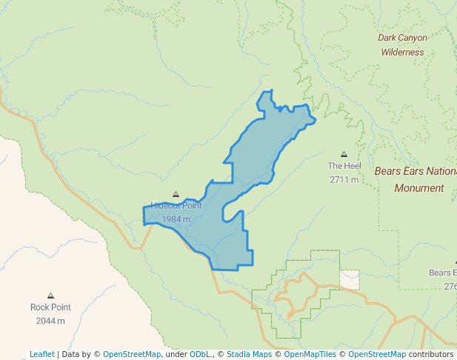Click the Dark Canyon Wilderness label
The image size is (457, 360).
tap(402, 44)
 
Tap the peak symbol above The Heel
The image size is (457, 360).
tap(344, 154)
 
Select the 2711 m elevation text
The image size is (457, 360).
tap(344, 179)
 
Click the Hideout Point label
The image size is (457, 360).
tap(176, 205)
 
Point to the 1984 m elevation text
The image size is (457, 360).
tap(176, 219)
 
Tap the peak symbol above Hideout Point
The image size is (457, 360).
tap(176, 194)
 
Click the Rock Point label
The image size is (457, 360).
tap(50, 307)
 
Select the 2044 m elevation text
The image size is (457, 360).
tap(50, 321)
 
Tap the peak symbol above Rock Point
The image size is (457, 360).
tap(50, 296)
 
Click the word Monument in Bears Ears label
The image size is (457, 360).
tap(418, 188)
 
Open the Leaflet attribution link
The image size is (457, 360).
tap(42, 354)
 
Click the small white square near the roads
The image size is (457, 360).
tap(350, 279)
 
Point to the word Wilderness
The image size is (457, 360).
tap(402, 53)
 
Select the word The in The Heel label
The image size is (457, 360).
tap(336, 166)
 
